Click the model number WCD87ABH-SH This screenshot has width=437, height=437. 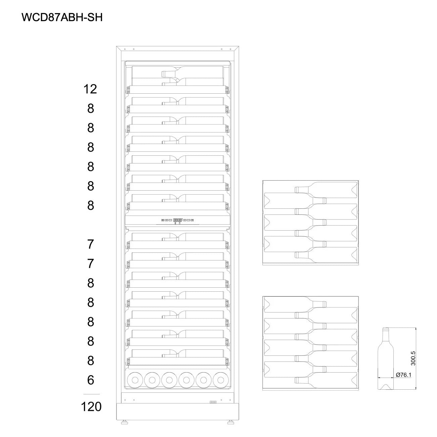[x=62, y=17]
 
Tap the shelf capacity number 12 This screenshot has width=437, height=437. [x=90, y=89]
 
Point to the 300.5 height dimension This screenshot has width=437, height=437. [x=413, y=358]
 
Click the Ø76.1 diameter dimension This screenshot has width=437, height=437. [x=403, y=375]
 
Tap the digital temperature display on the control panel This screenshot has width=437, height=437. [x=178, y=220]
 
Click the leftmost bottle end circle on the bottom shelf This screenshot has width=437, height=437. [x=135, y=380]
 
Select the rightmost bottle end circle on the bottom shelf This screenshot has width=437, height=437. [x=221, y=380]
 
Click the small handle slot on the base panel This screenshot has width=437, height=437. [x=213, y=402]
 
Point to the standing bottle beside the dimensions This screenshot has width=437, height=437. [x=386, y=358]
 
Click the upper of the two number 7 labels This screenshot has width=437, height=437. [x=91, y=244]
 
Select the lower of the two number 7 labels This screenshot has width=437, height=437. [x=91, y=263]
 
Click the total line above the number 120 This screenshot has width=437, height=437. [x=91, y=394]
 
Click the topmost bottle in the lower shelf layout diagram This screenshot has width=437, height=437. [x=295, y=304]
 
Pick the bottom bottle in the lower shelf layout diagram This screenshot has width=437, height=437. [x=326, y=380]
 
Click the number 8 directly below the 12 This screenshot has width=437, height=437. [x=91, y=108]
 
